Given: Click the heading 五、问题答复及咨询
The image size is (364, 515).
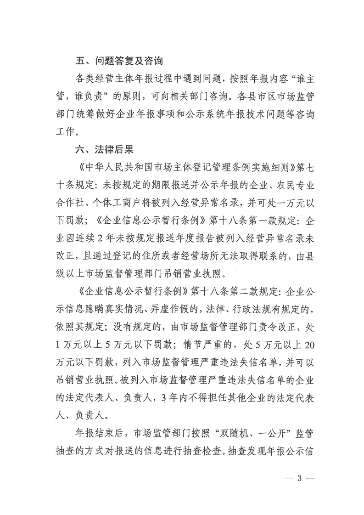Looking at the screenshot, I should tap(120, 61).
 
